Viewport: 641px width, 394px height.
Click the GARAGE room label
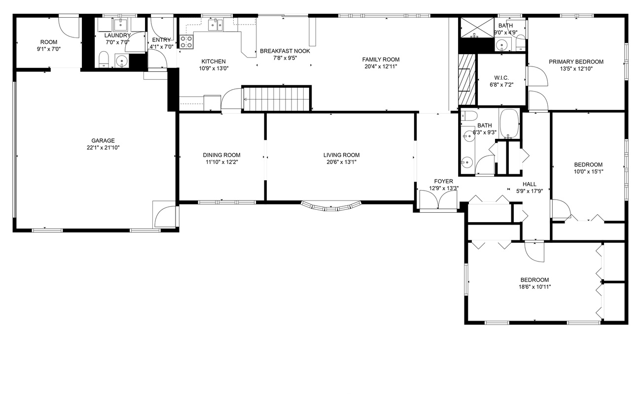tap(103, 140)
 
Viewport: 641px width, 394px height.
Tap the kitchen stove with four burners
tap(186, 42)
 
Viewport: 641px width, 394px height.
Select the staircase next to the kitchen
tap(277, 99)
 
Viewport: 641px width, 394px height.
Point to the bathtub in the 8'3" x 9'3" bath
tap(509, 124)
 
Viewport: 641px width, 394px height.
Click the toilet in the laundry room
tap(104, 60)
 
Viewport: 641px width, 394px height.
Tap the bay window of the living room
tap(331, 206)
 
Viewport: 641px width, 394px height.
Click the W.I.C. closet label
tap(501, 78)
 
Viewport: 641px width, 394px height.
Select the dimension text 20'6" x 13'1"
tap(341, 162)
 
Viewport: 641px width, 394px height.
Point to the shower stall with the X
tap(477, 28)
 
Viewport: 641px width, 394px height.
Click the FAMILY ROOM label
tap(381, 60)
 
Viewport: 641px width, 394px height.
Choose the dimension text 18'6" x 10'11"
tap(535, 287)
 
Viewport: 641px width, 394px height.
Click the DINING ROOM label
tap(221, 155)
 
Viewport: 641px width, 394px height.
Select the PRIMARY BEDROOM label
tap(576, 62)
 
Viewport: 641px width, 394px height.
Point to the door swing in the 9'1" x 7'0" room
tap(69, 28)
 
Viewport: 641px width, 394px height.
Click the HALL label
tap(530, 184)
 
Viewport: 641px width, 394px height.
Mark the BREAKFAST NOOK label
tap(285, 51)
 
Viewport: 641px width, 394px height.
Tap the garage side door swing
tap(165, 217)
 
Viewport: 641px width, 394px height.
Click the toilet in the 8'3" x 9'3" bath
tap(469, 116)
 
